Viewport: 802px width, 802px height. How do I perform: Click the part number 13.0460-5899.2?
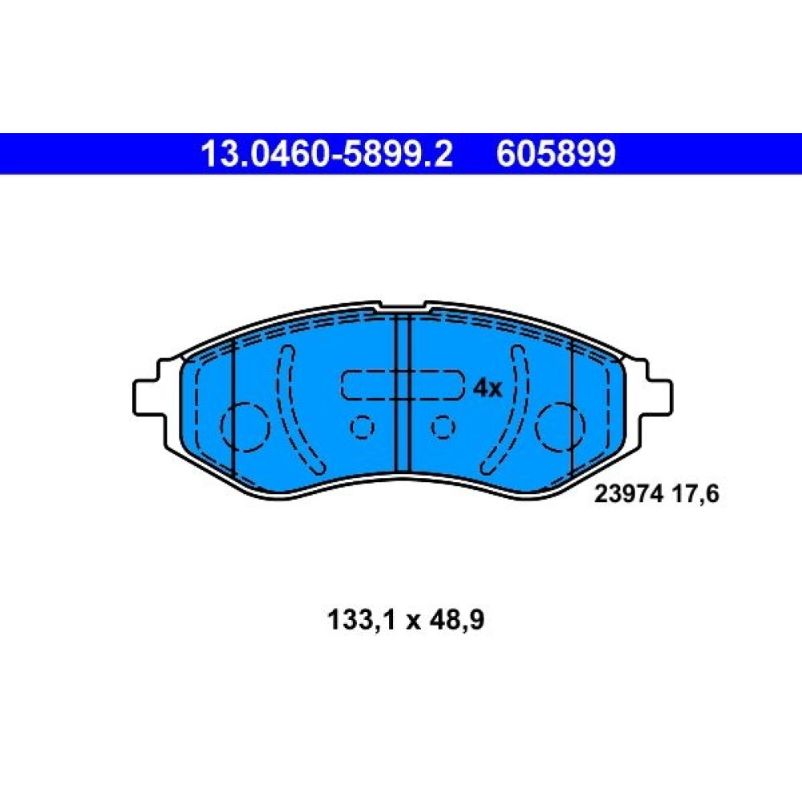(x=327, y=154)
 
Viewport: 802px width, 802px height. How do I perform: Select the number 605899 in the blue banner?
(x=556, y=154)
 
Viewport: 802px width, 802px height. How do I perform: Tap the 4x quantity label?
(x=488, y=389)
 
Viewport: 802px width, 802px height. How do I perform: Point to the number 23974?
(x=629, y=494)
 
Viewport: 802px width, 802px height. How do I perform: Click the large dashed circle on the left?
(x=245, y=427)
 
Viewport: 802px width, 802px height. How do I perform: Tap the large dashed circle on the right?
(x=560, y=427)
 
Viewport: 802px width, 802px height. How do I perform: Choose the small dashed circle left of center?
(x=363, y=427)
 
